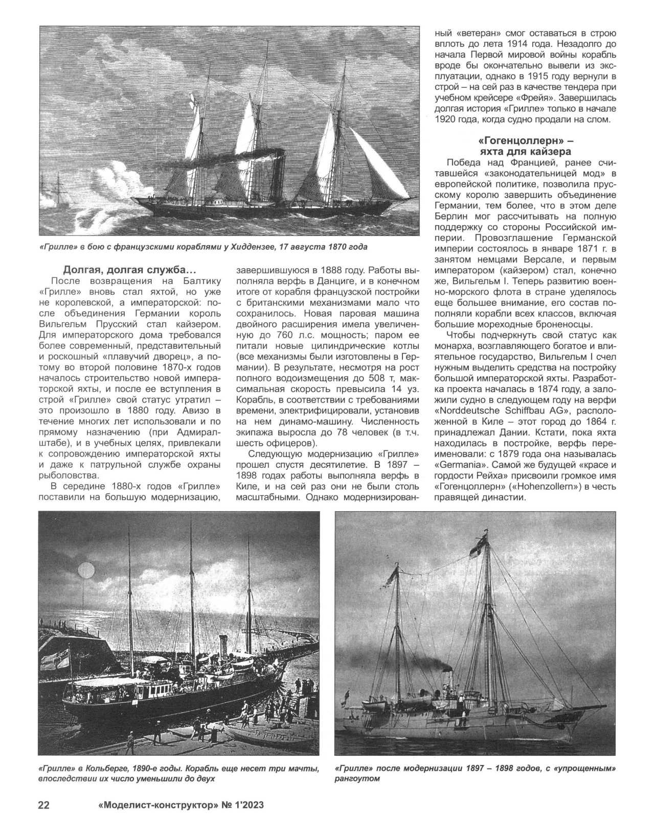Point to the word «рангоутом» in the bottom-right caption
[x=358, y=779]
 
